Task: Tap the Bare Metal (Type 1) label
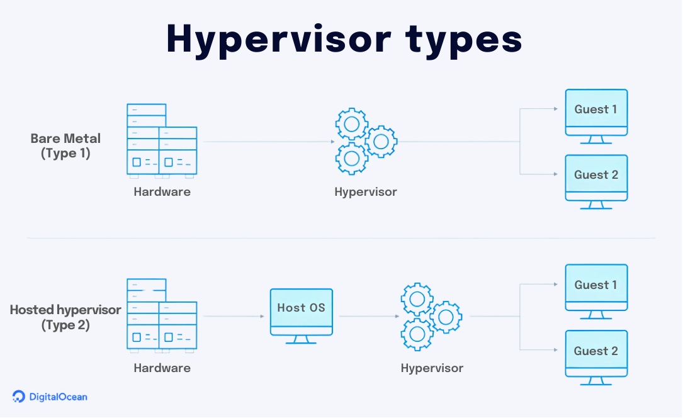[x=65, y=145]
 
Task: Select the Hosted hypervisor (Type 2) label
[x=65, y=317]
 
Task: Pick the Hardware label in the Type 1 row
[x=162, y=192]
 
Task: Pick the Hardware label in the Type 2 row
[x=162, y=368]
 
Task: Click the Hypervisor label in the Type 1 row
[x=366, y=192]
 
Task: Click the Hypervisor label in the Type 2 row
[x=432, y=368]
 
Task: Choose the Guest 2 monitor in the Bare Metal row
[x=596, y=179]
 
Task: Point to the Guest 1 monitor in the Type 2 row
[x=596, y=290]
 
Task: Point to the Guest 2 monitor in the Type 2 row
[x=596, y=355]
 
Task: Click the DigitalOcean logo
[x=50, y=397]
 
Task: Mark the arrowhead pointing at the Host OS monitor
[x=262, y=316]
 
